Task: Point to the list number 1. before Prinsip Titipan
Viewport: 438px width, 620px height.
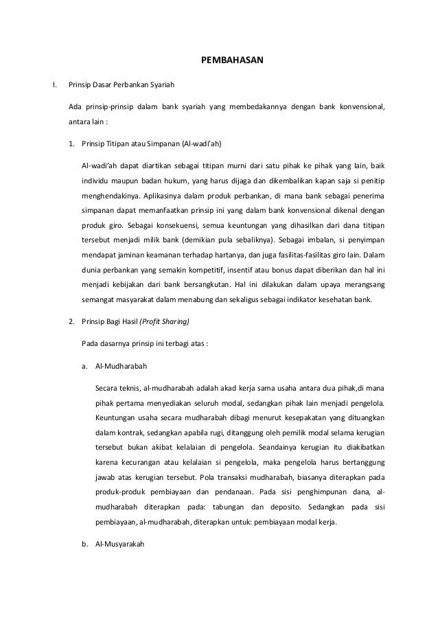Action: pos(71,146)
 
